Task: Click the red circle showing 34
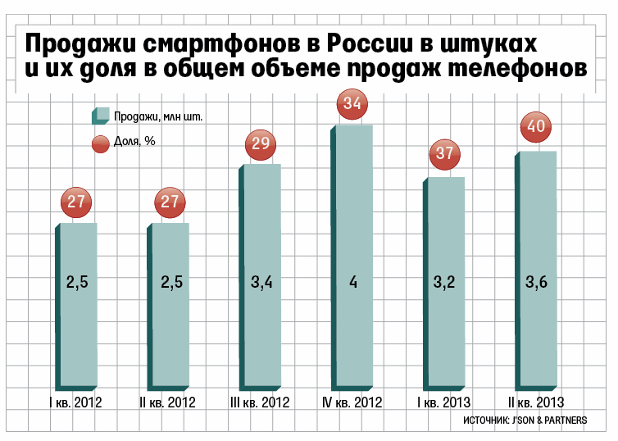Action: pos(353,104)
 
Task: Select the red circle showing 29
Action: pos(261,144)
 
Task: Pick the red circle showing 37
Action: pos(445,154)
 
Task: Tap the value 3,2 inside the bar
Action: pos(445,283)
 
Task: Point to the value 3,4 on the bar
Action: pos(261,283)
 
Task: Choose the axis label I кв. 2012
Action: pos(76,402)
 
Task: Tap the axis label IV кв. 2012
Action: pos(352,402)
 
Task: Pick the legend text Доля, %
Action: pos(135,142)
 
